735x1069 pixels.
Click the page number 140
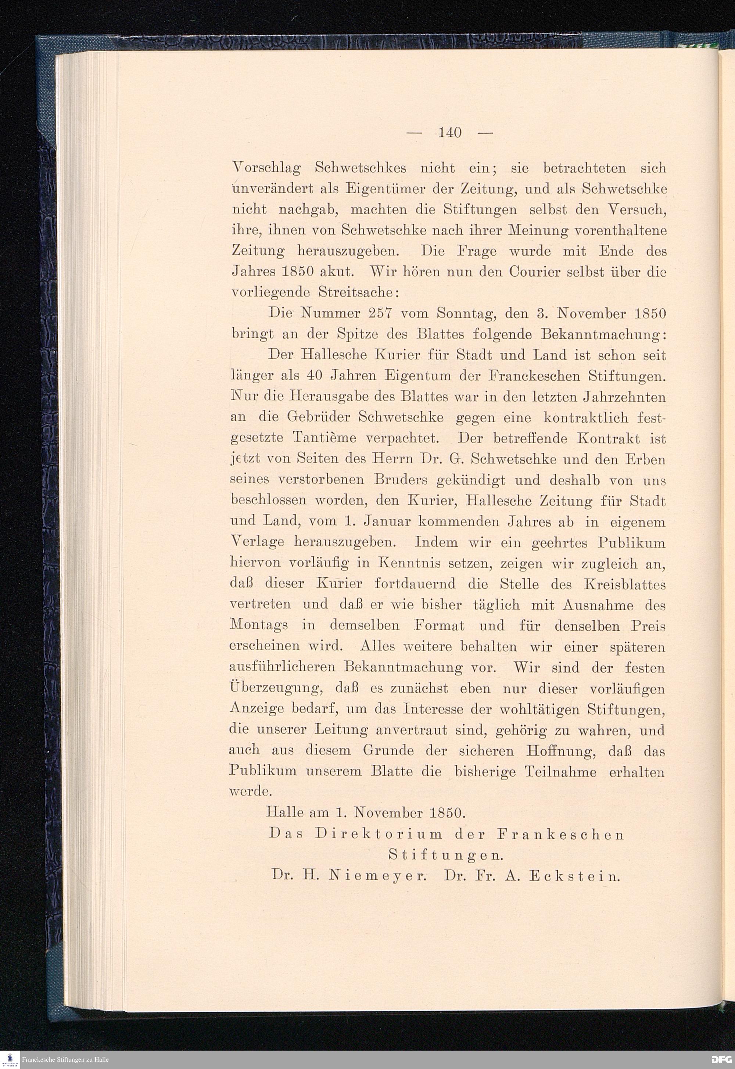(449, 133)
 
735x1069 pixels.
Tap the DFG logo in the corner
(722, 1060)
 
